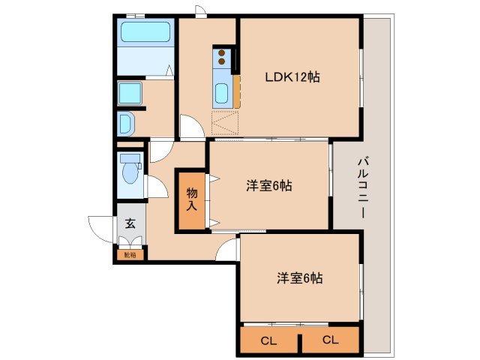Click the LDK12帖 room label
(292, 76)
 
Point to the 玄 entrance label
(130, 223)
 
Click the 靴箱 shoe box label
(130, 255)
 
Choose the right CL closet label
(330, 340)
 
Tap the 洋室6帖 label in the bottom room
(299, 278)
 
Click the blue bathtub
(146, 33)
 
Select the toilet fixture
(130, 170)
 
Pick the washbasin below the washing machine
(126, 122)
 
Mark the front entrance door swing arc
(100, 227)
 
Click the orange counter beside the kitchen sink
(236, 91)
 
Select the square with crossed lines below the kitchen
(225, 122)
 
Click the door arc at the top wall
(200, 10)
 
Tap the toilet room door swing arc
(154, 187)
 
